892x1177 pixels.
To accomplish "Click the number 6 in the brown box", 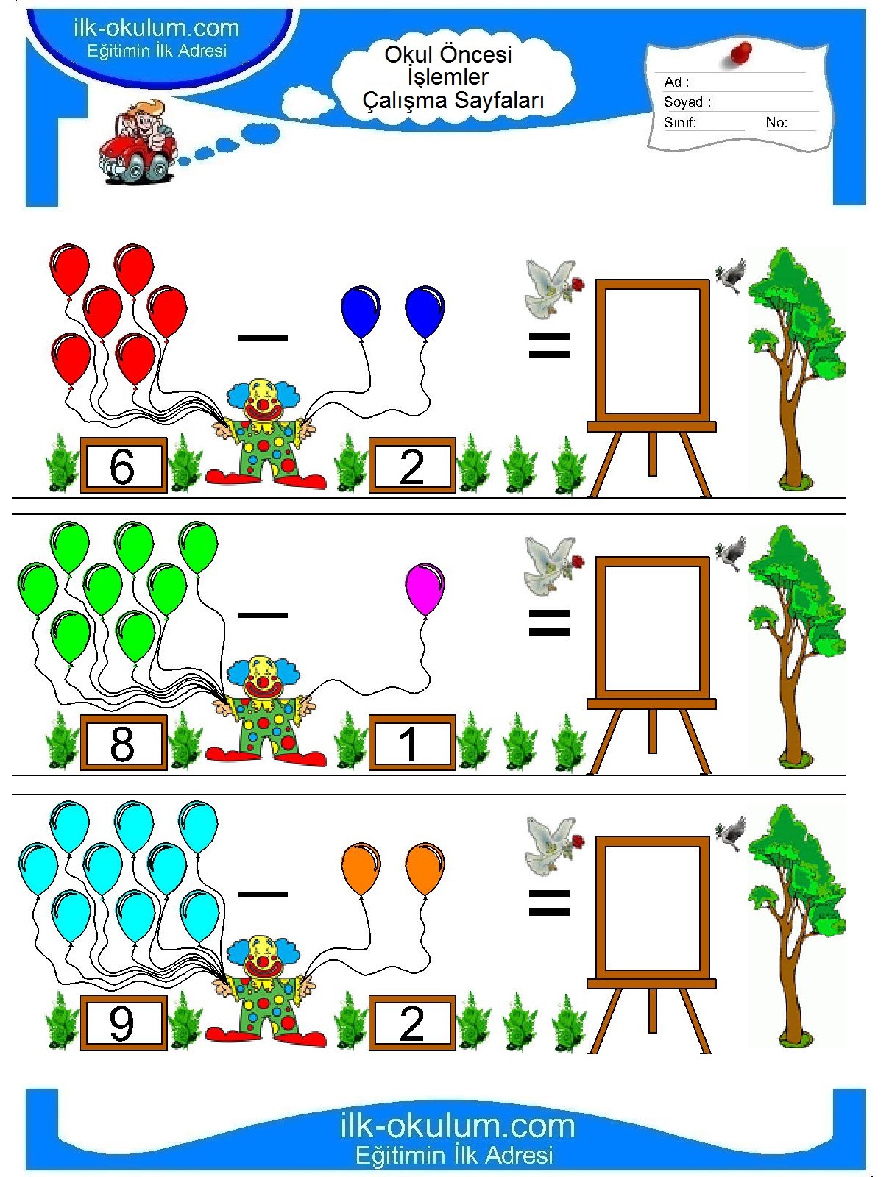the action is tap(121, 466).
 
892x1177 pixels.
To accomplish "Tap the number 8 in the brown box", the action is tap(121, 744).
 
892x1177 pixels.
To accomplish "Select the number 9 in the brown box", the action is tap(121, 1023).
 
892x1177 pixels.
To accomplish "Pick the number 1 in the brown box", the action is tap(408, 744).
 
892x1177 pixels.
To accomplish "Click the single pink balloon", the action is tap(424, 588).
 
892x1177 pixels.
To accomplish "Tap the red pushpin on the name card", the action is tap(740, 53).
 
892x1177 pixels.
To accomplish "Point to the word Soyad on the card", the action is tap(683, 102).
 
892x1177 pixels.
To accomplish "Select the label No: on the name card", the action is tap(776, 122).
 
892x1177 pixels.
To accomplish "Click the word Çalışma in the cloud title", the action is tap(405, 100).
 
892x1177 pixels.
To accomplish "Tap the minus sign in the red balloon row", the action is tap(263, 338).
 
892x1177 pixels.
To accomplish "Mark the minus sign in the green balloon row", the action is tap(263, 615).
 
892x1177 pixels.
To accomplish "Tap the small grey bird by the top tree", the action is tap(731, 276).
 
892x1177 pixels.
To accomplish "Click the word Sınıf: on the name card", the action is tap(679, 122).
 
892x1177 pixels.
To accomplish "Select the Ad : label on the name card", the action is tap(676, 82).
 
